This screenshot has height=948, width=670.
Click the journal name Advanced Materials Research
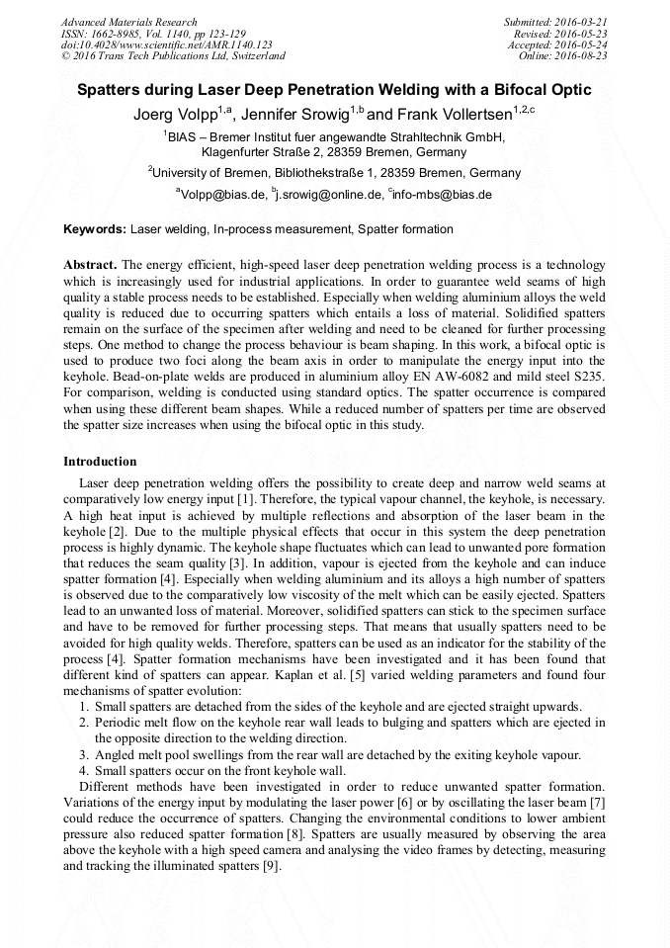point(129,22)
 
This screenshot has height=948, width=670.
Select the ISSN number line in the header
point(148,34)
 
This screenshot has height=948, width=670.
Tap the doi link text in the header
point(166,44)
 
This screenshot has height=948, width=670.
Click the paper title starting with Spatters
point(334,90)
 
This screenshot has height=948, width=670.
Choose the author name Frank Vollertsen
point(458,114)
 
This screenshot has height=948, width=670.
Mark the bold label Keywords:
point(95,229)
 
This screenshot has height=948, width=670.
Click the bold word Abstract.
point(90,266)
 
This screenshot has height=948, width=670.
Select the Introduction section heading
point(100,462)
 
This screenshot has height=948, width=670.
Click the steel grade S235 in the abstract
point(588,377)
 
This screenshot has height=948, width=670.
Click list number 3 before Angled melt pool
point(84,754)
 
